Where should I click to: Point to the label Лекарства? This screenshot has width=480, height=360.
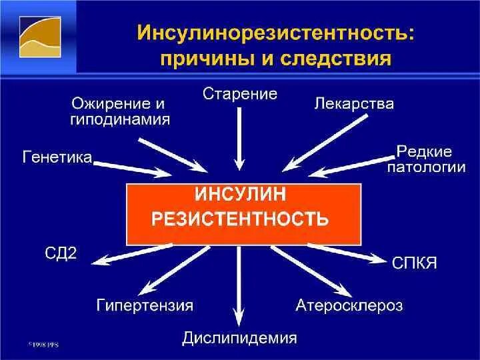(x=353, y=104)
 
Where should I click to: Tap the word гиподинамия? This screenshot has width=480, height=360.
(x=119, y=120)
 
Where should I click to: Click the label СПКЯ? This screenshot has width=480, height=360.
(x=415, y=263)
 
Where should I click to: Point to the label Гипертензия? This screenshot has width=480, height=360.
(x=145, y=306)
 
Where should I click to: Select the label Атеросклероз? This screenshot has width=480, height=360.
(x=349, y=306)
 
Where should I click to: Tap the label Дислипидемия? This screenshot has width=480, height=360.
(x=239, y=338)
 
